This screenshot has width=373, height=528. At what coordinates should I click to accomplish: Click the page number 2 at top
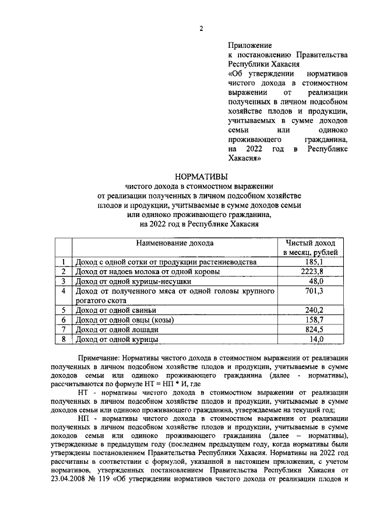coord(201,29)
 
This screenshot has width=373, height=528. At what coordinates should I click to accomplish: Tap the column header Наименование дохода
coord(175,243)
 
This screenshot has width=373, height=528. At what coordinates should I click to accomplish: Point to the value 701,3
coord(315,291)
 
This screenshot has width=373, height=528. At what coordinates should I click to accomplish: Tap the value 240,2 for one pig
coord(315,310)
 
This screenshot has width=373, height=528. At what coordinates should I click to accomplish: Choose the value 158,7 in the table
coord(315,320)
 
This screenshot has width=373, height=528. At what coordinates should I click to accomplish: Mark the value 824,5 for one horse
coord(315,329)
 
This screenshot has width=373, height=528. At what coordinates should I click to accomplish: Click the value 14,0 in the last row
coord(316,338)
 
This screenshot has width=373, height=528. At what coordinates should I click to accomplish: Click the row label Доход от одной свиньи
coord(114,310)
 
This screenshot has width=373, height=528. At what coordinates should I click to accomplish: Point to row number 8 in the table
coord(64,338)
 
